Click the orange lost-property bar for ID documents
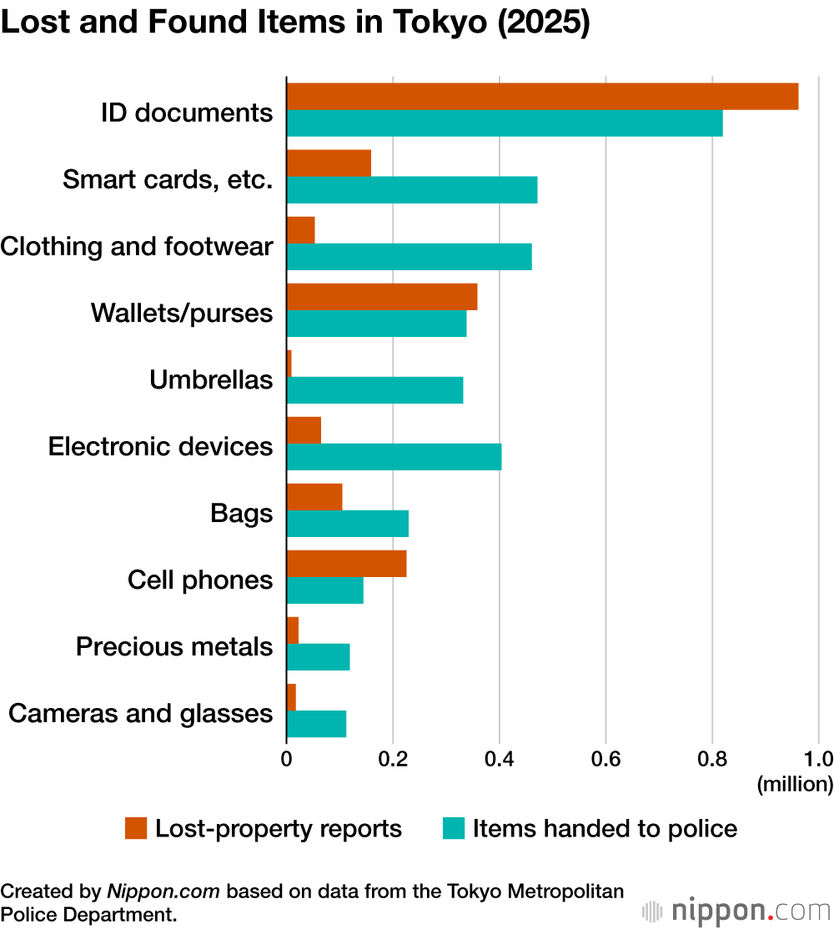542,97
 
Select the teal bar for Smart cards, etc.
412,190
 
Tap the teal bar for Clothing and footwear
409,257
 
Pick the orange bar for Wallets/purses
382,297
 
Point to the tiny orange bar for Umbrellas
289,364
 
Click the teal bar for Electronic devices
394,457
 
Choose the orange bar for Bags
314,497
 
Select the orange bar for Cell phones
346,564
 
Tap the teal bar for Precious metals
318,657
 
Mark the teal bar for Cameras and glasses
316,724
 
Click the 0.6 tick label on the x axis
605,760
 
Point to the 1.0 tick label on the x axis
818,760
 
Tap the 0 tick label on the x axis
286,760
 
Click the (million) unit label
794,784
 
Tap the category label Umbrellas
211,380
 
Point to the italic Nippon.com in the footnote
163,891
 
